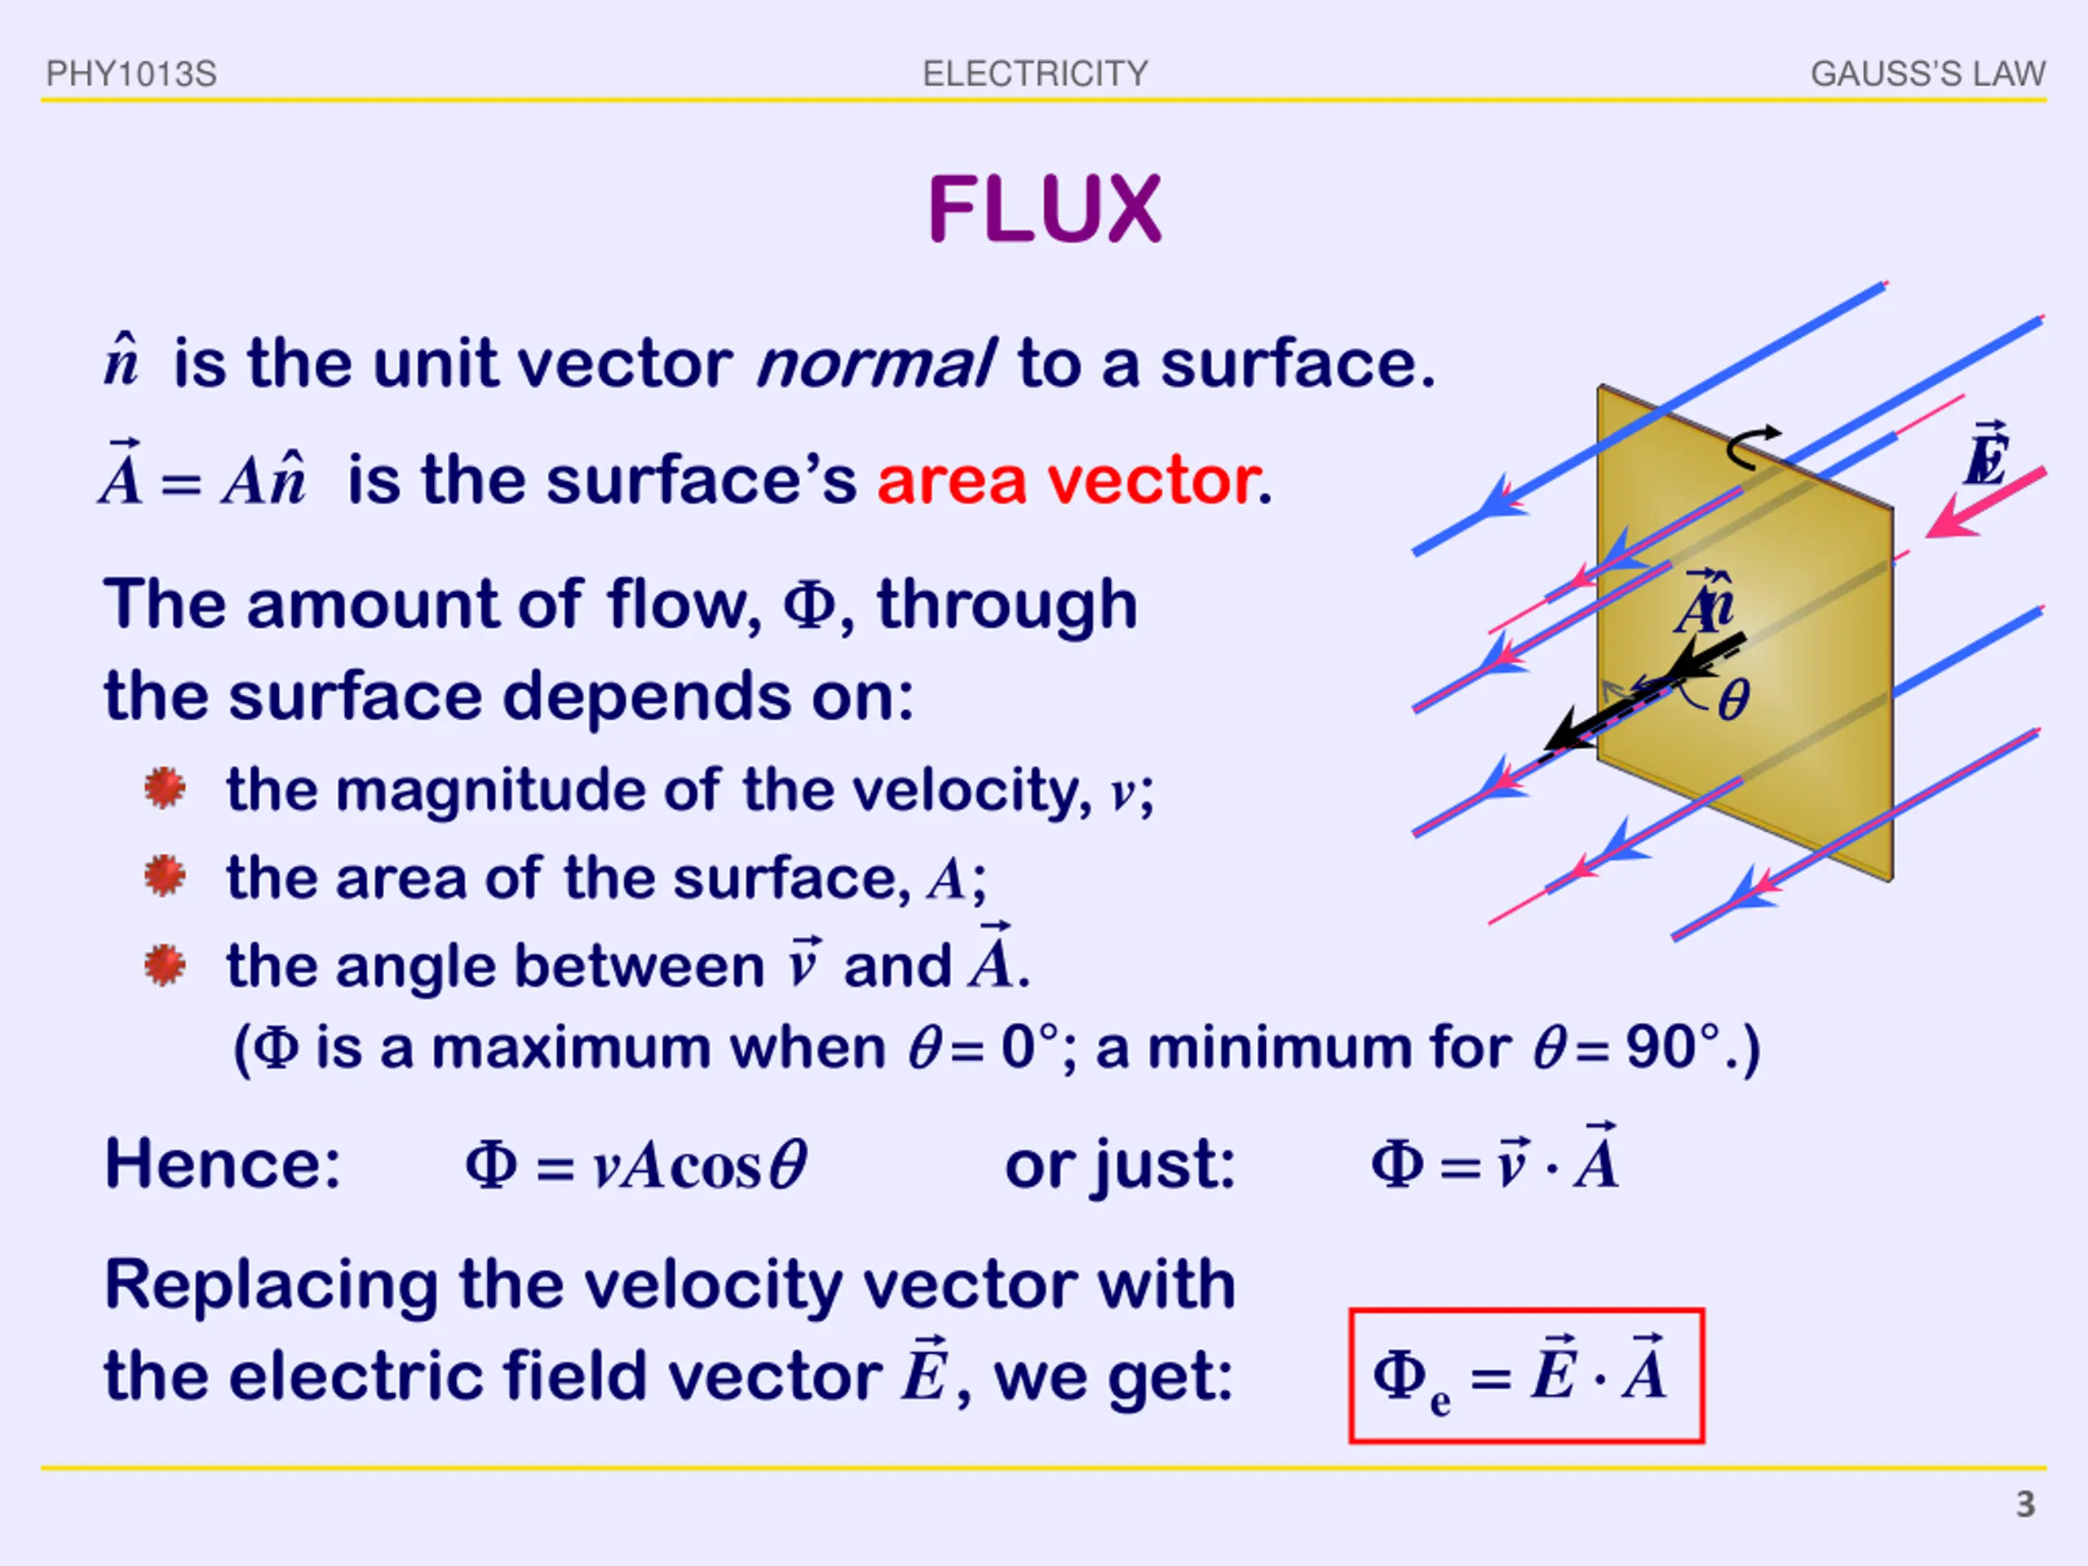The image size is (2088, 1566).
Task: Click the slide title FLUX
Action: pyautogui.click(x=1044, y=210)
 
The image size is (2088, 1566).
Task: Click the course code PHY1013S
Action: pyautogui.click(x=131, y=73)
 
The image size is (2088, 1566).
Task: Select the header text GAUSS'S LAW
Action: pyautogui.click(x=1927, y=73)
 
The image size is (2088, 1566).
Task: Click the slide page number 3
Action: pyautogui.click(x=2024, y=1504)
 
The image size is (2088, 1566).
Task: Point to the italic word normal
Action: pyautogui.click(x=875, y=364)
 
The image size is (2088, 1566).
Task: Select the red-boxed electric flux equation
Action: pyautogui.click(x=1525, y=1374)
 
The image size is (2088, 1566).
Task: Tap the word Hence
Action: pyautogui.click(x=223, y=1164)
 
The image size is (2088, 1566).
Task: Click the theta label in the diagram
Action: pyautogui.click(x=1733, y=701)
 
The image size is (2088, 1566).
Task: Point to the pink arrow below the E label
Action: pyautogui.click(x=1982, y=505)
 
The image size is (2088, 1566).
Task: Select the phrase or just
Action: pyautogui.click(x=1120, y=1165)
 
